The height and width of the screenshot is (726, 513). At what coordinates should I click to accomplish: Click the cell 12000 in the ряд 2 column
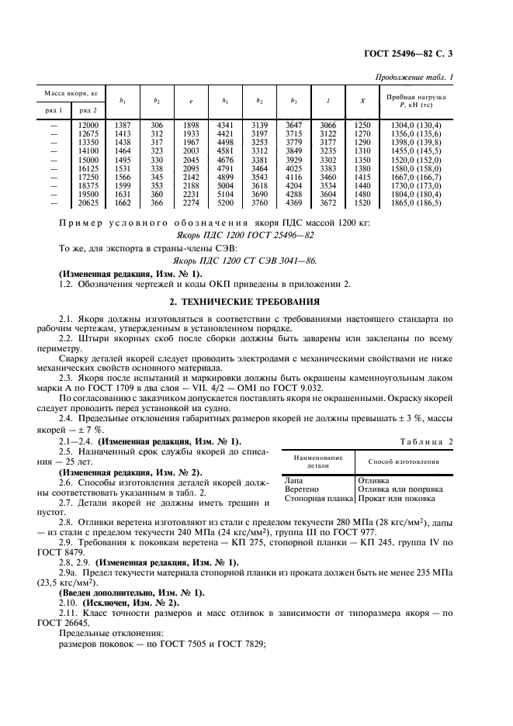click(x=88, y=125)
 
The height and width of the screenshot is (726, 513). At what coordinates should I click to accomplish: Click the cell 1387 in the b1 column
click(x=123, y=125)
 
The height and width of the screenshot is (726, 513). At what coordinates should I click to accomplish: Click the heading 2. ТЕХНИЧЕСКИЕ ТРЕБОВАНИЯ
click(x=256, y=299)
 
